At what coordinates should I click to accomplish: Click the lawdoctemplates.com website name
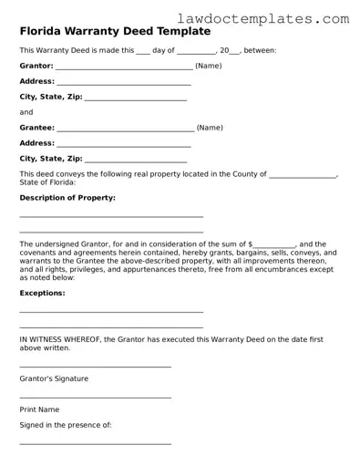click(x=276, y=17)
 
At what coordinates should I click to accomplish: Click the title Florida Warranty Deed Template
click(x=114, y=31)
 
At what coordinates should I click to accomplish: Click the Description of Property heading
click(x=67, y=197)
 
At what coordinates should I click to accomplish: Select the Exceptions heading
click(x=42, y=293)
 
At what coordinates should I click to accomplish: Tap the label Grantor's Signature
click(x=54, y=378)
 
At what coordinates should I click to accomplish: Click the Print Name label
click(x=39, y=409)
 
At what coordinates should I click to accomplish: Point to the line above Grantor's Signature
click(x=95, y=367)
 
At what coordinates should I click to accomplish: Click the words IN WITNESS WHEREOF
click(x=60, y=339)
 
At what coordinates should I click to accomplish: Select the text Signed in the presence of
click(x=65, y=425)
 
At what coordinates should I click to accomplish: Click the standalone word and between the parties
click(x=26, y=113)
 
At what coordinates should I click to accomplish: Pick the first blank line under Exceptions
click(x=111, y=312)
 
